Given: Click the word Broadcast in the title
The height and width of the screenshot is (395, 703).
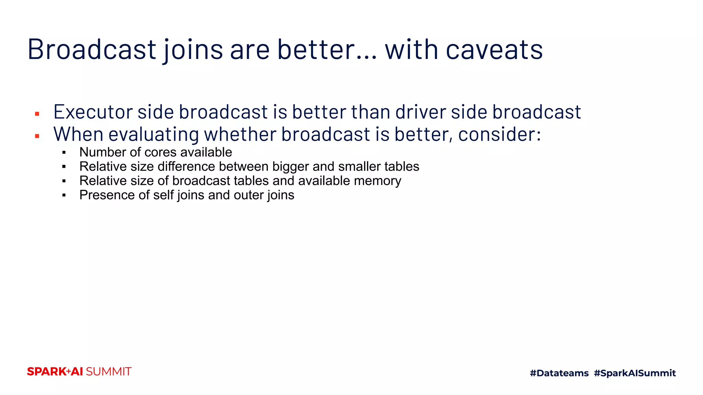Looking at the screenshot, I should pos(92,50).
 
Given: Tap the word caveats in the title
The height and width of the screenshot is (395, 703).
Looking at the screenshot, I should pos(494,50).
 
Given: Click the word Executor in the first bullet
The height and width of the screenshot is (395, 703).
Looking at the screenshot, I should pos(93,112).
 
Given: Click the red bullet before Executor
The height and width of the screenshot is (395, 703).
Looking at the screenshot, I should pos(37,114).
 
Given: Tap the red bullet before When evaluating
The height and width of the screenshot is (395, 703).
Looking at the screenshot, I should pos(37,136).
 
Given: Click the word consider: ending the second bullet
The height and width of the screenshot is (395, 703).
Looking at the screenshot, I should pos(499,134).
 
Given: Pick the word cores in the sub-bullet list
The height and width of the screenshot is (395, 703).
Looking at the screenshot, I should pos(161,152).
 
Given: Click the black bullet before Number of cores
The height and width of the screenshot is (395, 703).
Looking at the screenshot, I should pos(64,153).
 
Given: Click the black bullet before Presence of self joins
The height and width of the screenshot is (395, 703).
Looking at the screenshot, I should pos(64,195).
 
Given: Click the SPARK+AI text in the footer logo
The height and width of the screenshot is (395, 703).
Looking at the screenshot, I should pos(55,372).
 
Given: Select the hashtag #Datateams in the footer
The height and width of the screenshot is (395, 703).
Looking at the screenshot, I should pos(559,373).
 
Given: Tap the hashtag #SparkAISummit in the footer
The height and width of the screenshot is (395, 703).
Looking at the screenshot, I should pos(635,373).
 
